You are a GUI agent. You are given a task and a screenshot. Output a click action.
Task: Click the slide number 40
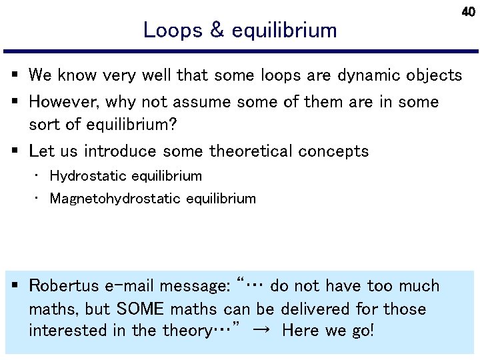[469, 12]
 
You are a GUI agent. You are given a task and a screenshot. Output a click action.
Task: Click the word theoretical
[250, 151]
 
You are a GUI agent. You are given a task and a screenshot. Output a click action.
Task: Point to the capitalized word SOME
[142, 309]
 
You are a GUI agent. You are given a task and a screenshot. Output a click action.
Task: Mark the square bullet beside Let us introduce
[15, 151]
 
